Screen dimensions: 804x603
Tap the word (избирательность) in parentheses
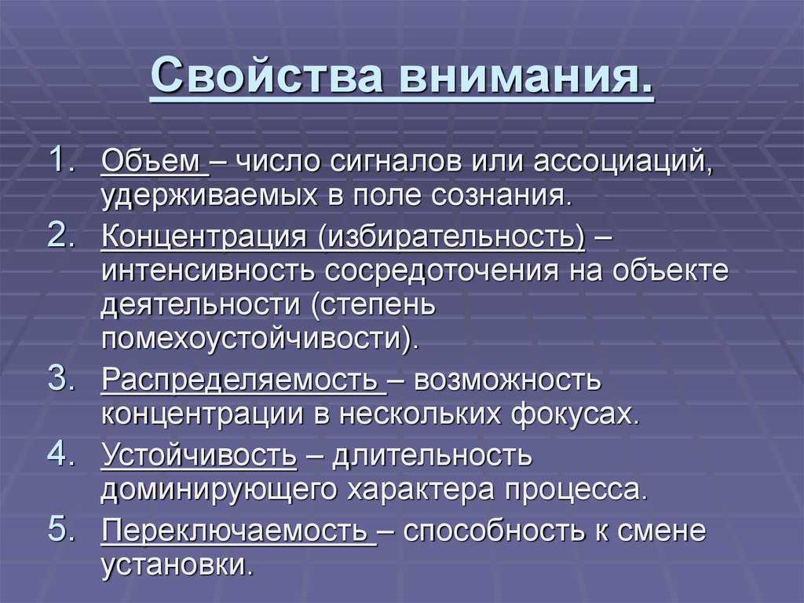pyautogui.click(x=451, y=237)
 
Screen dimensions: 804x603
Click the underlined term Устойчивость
pyautogui.click(x=199, y=455)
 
